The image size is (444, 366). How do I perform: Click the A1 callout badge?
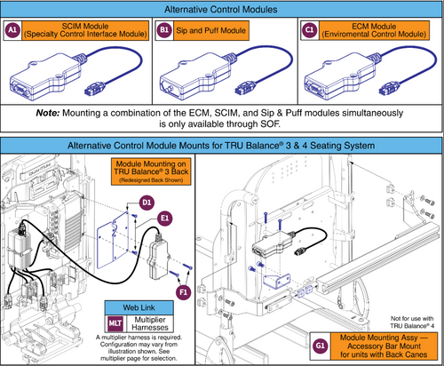point(12,30)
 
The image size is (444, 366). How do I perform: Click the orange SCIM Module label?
point(78,30)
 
